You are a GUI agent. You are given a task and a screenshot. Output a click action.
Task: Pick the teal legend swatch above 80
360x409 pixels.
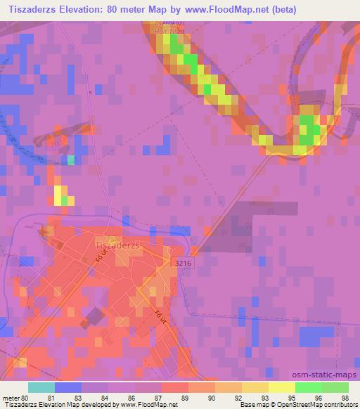tap(41, 387)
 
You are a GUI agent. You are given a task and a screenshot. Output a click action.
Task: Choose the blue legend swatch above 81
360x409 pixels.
tap(68, 387)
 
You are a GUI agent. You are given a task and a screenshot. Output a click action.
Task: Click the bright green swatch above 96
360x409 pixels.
tap(309, 387)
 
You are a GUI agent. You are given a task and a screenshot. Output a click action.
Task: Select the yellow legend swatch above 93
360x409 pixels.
tap(255, 387)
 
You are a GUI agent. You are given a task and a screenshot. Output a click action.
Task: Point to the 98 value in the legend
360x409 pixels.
tap(344, 397)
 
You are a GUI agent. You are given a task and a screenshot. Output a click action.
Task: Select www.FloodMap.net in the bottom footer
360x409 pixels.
tap(148, 405)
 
